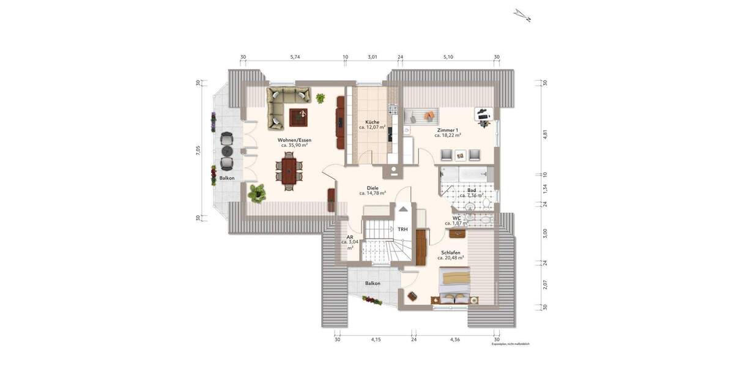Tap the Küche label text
[372, 122]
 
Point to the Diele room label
[372, 188]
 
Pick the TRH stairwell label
[402, 229]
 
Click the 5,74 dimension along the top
[294, 57]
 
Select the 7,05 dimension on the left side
[198, 151]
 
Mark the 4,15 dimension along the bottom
[376, 339]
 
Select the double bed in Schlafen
[456, 286]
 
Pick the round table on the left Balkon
[227, 150]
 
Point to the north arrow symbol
[521, 15]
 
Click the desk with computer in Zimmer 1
[483, 114]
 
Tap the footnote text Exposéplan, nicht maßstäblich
[510, 345]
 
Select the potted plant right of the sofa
[321, 97]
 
